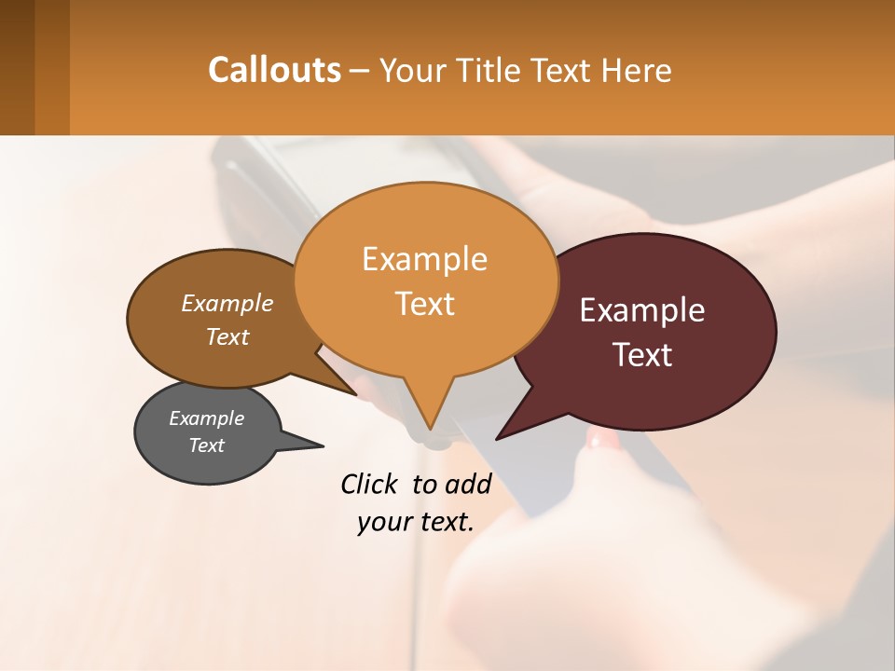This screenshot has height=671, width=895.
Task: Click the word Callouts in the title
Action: click(x=274, y=70)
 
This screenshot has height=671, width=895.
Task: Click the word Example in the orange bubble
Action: click(x=424, y=259)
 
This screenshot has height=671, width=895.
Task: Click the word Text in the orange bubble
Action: click(x=424, y=304)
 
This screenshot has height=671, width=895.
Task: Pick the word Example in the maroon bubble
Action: click(x=641, y=310)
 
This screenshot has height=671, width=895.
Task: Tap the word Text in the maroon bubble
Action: click(x=642, y=355)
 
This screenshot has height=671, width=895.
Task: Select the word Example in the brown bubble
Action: click(x=227, y=304)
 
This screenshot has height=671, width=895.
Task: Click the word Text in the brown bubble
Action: click(x=227, y=336)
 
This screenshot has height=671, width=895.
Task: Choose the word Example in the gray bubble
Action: click(x=206, y=418)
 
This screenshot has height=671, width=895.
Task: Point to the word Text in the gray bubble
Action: click(x=206, y=445)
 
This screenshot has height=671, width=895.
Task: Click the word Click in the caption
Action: click(x=372, y=485)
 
